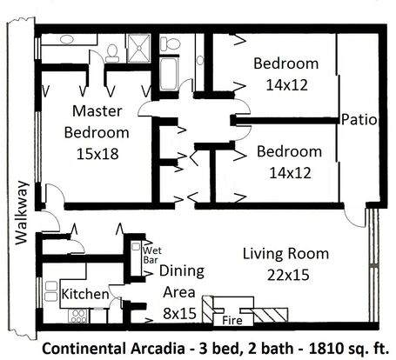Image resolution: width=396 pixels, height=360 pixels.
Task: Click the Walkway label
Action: tap(22, 213)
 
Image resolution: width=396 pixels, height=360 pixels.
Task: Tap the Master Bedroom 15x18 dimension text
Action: tap(97, 154)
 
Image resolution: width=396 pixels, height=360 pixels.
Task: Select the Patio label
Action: tap(359, 120)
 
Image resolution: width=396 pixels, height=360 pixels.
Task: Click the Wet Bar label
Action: tap(152, 255)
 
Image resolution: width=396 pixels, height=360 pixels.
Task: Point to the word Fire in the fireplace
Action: tap(232, 321)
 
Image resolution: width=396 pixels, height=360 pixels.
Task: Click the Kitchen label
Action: tap(85, 294)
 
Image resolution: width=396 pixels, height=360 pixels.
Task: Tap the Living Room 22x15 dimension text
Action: tap(288, 275)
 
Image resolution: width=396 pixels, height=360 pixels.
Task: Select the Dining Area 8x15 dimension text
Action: tap(179, 313)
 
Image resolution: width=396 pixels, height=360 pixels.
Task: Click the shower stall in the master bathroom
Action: tap(139, 49)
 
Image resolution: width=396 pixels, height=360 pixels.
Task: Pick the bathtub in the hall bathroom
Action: tap(169, 74)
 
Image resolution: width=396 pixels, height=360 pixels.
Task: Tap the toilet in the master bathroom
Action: tap(112, 54)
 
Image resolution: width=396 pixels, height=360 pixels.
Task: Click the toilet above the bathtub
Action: tap(171, 43)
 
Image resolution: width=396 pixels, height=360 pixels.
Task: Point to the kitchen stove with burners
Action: tap(77, 316)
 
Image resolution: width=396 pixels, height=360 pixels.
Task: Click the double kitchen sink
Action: tap(51, 291)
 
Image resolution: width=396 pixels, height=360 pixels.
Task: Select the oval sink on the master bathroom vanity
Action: tap(67, 39)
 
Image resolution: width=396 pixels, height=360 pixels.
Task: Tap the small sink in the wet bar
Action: tap(136, 247)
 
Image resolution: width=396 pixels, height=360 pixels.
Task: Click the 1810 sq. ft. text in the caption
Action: tap(349, 349)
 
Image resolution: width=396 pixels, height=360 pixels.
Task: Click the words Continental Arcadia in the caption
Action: tap(113, 349)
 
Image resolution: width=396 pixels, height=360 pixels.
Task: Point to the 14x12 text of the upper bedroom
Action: tap(287, 85)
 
